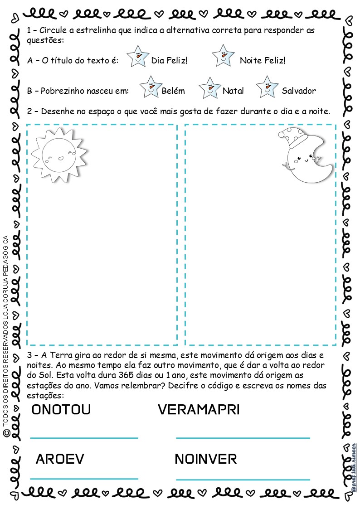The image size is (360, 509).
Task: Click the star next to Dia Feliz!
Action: pyautogui.click(x=137, y=56)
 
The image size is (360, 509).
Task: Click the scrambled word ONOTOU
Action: pyautogui.click(x=61, y=410)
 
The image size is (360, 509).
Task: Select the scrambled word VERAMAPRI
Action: pyautogui.click(x=199, y=410)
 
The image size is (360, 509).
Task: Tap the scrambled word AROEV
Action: pyautogui.click(x=60, y=459)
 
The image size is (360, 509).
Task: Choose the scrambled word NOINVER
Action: pyautogui.click(x=205, y=459)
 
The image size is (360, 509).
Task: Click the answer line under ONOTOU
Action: pyautogui.click(x=84, y=438)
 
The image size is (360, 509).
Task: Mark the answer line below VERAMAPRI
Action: pyautogui.click(x=243, y=438)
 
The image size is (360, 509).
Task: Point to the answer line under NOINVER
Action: pyautogui.click(x=243, y=479)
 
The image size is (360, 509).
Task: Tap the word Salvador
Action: pyautogui.click(x=299, y=91)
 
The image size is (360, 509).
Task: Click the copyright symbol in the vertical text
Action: pyautogui.click(x=6, y=434)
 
